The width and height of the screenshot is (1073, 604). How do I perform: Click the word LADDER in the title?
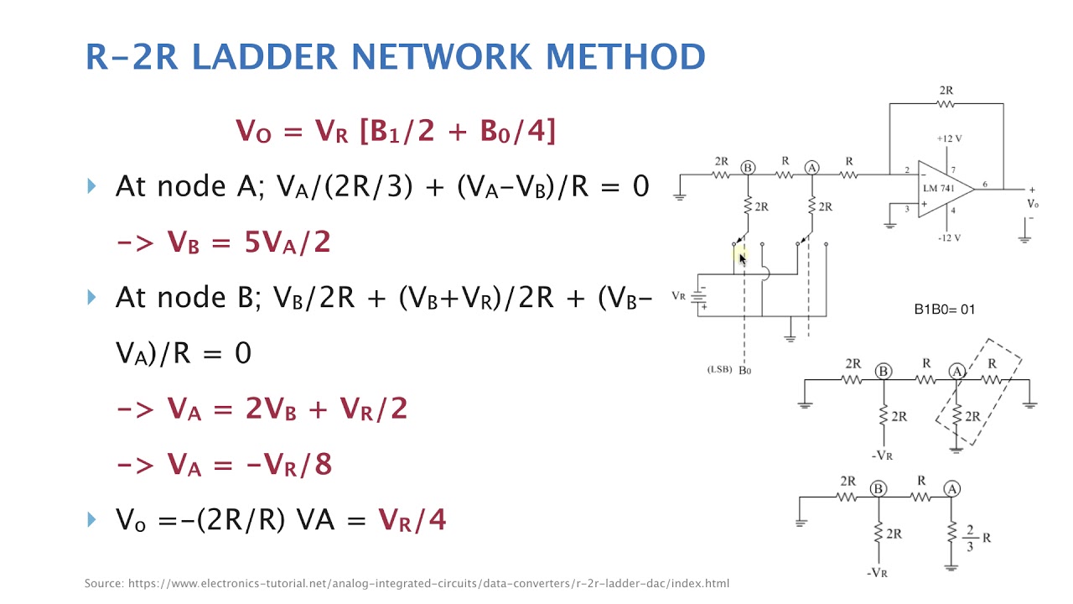tap(265, 56)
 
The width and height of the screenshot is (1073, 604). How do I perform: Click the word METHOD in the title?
tap(625, 56)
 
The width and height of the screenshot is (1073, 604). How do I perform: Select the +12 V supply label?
tap(949, 138)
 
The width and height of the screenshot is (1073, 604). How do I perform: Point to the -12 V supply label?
tap(949, 237)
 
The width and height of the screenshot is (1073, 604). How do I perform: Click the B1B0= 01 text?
tap(944, 310)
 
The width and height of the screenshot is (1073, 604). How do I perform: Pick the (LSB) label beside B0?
tap(719, 370)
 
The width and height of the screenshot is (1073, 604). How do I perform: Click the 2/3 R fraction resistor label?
tap(977, 538)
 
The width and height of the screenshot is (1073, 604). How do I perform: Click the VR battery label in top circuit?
tap(678, 296)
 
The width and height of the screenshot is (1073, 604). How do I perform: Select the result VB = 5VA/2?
tap(249, 242)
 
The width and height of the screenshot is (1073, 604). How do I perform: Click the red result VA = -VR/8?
tap(249, 465)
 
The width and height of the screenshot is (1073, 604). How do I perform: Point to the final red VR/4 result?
tap(412, 520)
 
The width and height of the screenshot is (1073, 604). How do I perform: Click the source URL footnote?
tap(407, 583)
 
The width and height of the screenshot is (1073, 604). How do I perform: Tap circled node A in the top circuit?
tap(811, 167)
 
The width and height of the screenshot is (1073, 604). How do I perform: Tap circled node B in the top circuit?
tap(748, 167)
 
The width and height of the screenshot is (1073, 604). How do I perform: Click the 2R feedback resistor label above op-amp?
tap(946, 90)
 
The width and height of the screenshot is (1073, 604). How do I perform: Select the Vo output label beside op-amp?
tap(1033, 204)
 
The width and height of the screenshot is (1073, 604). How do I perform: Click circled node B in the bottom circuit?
tap(879, 488)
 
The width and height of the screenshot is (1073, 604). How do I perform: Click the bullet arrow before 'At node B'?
tap(92, 297)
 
